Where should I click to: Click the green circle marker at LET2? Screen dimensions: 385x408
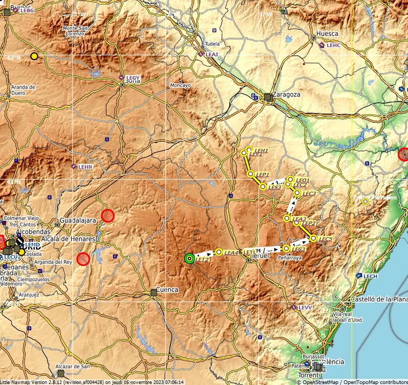(x=190, y=259)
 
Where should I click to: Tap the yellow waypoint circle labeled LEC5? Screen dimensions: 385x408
(x=313, y=238)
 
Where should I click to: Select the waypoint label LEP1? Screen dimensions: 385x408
(x=263, y=175)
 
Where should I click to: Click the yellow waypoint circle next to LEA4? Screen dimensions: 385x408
(x=219, y=252)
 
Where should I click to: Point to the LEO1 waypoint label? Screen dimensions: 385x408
(x=302, y=180)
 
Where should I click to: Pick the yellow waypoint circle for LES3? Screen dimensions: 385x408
(x=263, y=187)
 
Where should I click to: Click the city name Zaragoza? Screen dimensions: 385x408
(x=286, y=95)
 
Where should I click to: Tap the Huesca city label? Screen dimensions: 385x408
(x=327, y=34)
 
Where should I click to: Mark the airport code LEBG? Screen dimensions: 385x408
(x=27, y=10)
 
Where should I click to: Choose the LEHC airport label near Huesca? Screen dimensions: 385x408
(x=333, y=46)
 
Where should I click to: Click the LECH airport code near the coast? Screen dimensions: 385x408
(x=370, y=276)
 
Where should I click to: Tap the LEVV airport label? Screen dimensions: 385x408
(x=305, y=307)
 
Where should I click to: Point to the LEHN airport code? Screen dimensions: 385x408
(x=85, y=167)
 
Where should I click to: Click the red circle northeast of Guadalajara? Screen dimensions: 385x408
(x=107, y=216)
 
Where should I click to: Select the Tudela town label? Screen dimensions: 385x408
(x=212, y=44)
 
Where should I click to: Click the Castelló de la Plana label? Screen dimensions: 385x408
(x=379, y=299)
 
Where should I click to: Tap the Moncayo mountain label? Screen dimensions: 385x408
(x=180, y=85)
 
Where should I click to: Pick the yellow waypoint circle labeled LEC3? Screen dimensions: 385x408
(x=297, y=193)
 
